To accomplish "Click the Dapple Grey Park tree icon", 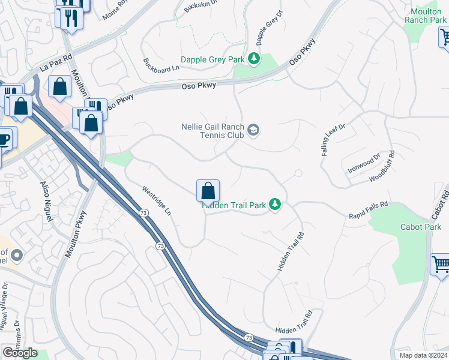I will [x=254, y=58].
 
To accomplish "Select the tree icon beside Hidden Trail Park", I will [x=275, y=205].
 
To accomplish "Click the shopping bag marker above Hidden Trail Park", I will [x=208, y=191].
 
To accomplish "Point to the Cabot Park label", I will [x=421, y=227].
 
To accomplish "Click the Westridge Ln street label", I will [x=157, y=201].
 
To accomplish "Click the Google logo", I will [x=20, y=353].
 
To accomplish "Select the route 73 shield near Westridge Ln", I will [x=143, y=213].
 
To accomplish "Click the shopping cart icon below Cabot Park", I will [x=440, y=264].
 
